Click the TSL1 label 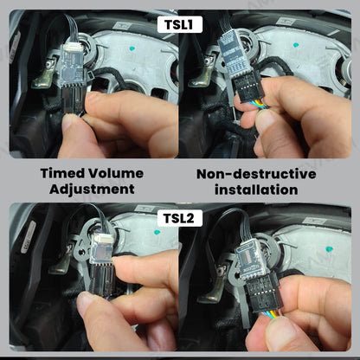coord(180,25)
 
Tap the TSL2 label coord(180,219)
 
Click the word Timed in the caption coord(64,173)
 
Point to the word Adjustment coord(91,189)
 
